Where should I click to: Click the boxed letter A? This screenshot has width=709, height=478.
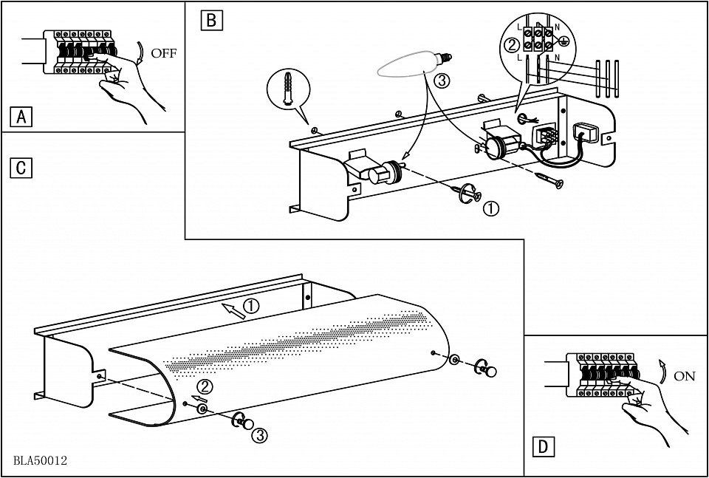pyautogui.click(x=22, y=116)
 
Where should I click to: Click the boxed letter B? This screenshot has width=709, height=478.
pyautogui.click(x=210, y=20)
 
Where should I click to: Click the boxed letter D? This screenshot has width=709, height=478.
pyautogui.click(x=543, y=446)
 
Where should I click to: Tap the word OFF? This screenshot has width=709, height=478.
pyautogui.click(x=163, y=53)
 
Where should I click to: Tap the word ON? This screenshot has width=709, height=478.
pyautogui.click(x=684, y=375)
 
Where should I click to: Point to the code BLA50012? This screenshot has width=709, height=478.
pyautogui.click(x=40, y=460)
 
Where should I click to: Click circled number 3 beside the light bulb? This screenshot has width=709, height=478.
pyautogui.click(x=441, y=81)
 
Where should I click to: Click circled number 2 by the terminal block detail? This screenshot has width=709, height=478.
pyautogui.click(x=510, y=45)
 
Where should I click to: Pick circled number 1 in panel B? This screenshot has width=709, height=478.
pyautogui.click(x=490, y=208)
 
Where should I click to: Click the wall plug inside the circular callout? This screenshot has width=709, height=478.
pyautogui.click(x=287, y=92)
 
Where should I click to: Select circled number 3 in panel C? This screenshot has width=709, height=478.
pyautogui.click(x=259, y=435)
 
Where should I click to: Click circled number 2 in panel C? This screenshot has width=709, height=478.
pyautogui.click(x=205, y=386)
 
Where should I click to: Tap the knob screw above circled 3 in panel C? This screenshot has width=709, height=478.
pyautogui.click(x=244, y=422)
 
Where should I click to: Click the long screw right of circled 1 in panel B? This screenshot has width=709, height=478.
pyautogui.click(x=549, y=179)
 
